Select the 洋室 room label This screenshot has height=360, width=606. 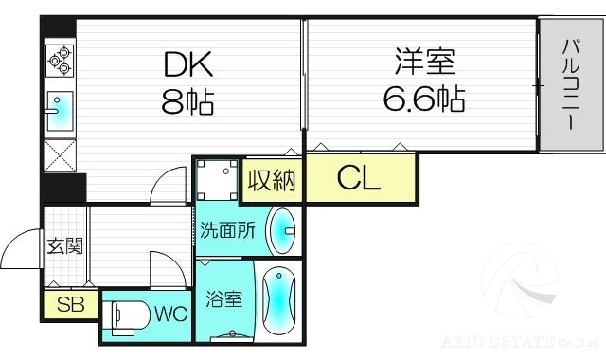pos(424,64)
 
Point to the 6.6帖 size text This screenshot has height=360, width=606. pos(424,98)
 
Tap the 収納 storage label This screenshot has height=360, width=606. pos(272,179)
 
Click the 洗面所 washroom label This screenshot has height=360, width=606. pos(227,230)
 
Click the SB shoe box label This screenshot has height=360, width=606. pos(69,305)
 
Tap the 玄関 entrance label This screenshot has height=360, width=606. pos(65,246)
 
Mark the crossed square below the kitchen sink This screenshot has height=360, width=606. pos(59,154)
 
